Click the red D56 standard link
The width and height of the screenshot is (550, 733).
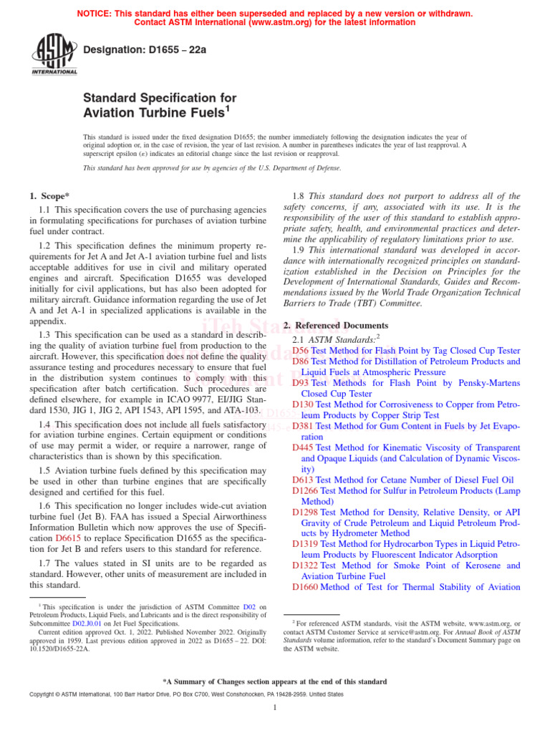tap(301, 351)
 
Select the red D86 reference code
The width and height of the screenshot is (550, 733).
tap(301, 362)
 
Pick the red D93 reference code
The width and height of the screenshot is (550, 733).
tap(301, 383)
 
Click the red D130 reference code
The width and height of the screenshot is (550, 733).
tap(304, 404)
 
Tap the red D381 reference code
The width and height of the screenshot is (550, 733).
tap(304, 426)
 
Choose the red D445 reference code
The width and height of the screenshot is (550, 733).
tap(304, 447)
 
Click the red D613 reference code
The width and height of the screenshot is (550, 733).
tap(304, 480)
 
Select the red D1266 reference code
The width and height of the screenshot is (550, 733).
tap(306, 490)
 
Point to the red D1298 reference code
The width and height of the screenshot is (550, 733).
tap(306, 512)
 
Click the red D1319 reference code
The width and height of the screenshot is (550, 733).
tap(306, 544)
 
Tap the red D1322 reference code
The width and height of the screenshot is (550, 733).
tap(306, 565)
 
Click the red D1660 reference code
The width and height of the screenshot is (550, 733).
tap(306, 587)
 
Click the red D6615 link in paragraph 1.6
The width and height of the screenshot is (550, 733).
tap(69, 536)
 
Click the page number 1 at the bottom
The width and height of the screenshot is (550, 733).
tap(275, 708)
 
